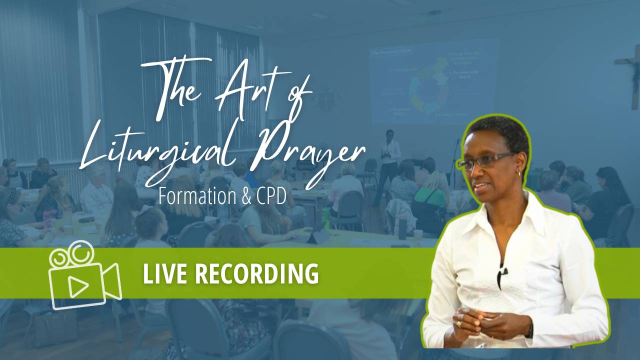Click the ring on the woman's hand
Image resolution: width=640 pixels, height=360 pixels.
pos(458,324)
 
